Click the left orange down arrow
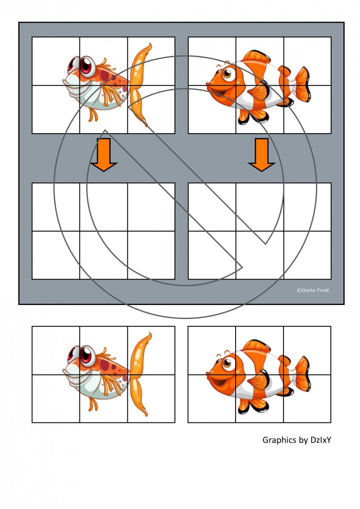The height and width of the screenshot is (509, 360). coord(104,154)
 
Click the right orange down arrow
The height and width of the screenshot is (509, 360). coord(262,154)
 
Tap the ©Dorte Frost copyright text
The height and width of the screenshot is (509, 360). coord(313,290)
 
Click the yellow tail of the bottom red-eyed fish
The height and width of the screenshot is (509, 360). coord(139,375)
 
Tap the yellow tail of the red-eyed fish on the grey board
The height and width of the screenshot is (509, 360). coord(139,85)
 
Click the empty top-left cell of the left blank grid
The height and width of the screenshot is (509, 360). coord(56,207)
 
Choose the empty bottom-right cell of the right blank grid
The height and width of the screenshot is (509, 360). coord(307,255)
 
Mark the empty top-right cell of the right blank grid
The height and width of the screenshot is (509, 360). coord(307,207)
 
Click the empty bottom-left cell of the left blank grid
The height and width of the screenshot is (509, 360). coord(56,255)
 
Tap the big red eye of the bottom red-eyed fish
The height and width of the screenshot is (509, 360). coord(87,355)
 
